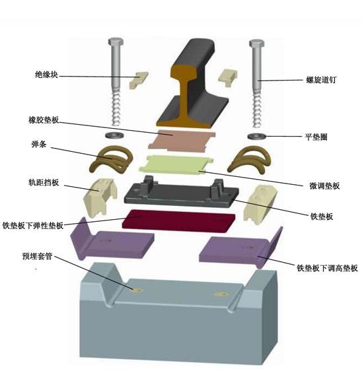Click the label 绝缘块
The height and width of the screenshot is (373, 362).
(x=46, y=75)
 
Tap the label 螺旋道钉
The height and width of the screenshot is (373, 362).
(x=321, y=80)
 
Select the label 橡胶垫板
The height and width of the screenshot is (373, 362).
(x=44, y=120)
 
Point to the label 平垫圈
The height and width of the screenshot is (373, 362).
(x=316, y=137)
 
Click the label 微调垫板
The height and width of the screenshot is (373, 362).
(x=324, y=186)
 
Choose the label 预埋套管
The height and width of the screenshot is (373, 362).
(x=37, y=256)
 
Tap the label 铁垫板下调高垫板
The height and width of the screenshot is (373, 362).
(x=327, y=268)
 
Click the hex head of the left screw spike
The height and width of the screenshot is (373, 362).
(x=116, y=42)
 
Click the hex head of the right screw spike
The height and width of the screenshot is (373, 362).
(x=257, y=44)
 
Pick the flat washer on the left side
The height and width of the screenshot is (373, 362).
(x=114, y=135)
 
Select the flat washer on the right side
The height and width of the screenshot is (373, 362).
(x=257, y=137)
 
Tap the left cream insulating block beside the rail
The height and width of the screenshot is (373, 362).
(x=138, y=80)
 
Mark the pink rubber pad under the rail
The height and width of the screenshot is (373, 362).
(x=182, y=141)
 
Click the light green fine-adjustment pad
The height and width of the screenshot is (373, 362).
(x=176, y=164)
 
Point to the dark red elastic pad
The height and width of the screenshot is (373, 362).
(x=178, y=220)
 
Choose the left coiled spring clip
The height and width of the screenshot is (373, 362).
(x=111, y=159)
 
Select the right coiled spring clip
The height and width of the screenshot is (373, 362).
(x=249, y=159)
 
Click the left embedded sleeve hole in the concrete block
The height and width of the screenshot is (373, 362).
(x=137, y=290)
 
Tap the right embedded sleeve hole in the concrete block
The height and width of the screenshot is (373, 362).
(x=221, y=294)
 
